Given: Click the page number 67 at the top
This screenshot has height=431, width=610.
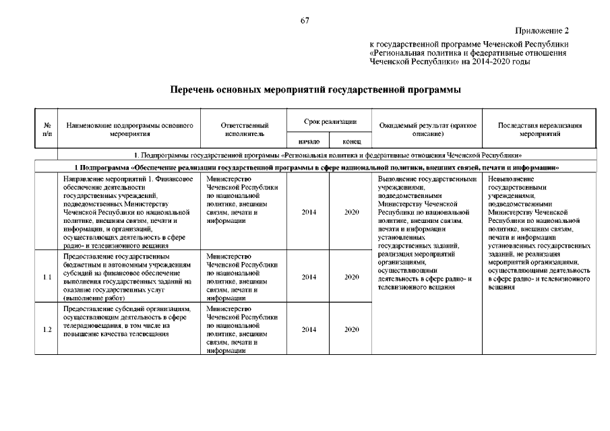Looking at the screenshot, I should click(305, 21).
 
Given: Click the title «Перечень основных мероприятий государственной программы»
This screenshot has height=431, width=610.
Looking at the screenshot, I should click(305, 89).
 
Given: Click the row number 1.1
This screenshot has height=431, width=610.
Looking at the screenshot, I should click(47, 277).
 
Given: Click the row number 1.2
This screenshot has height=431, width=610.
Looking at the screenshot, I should click(47, 329).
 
